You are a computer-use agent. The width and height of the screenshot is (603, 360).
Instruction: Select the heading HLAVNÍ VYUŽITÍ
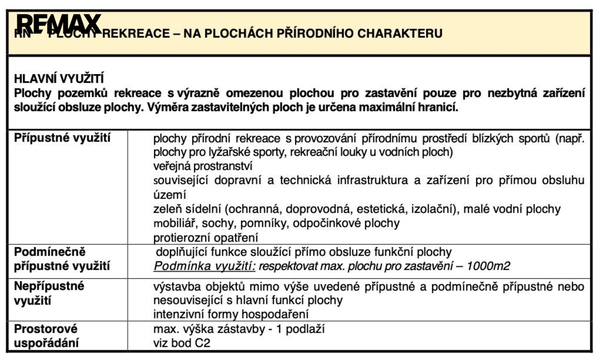(59, 78)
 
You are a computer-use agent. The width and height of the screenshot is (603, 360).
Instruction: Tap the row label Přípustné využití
(63, 138)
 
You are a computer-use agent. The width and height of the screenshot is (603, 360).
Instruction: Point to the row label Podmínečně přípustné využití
(62, 259)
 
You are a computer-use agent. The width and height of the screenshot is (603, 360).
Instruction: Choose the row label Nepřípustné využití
(49, 293)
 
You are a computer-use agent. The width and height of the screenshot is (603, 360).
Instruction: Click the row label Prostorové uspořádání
(46, 336)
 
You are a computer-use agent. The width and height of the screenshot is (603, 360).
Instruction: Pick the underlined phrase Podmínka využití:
(205, 266)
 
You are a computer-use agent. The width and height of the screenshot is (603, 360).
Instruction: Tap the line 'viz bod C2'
(182, 343)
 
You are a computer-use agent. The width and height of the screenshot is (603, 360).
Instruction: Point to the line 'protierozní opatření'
(206, 237)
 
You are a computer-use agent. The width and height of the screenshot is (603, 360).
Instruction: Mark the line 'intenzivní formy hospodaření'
(231, 314)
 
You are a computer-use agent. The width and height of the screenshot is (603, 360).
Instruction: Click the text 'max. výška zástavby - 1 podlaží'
(239, 329)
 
